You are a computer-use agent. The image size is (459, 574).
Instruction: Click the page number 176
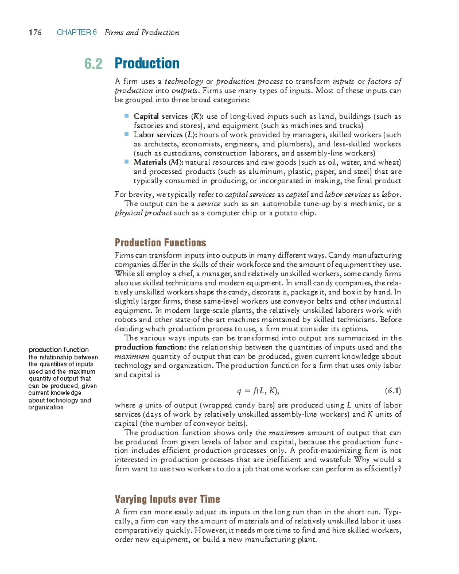click(x=35, y=33)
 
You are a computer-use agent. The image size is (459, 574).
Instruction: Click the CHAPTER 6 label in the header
click(x=76, y=33)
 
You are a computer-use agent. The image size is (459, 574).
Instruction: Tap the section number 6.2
click(x=93, y=64)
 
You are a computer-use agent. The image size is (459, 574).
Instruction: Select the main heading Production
click(x=147, y=63)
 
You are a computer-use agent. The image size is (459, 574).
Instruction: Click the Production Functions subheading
click(x=160, y=243)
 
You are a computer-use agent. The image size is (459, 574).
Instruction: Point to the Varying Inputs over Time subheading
click(x=167, y=499)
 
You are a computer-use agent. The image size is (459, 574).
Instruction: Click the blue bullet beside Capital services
click(x=126, y=116)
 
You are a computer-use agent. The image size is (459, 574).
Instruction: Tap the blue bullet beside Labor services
click(x=126, y=134)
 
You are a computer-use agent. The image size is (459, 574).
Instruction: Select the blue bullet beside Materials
click(x=126, y=162)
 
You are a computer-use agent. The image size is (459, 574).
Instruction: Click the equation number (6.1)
click(x=392, y=391)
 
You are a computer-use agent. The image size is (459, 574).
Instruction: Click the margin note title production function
click(x=59, y=350)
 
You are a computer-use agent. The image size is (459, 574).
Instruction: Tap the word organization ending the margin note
click(x=46, y=407)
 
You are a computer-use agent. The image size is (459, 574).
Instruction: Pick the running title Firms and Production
click(x=142, y=33)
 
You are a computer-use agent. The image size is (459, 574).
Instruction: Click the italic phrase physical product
click(x=143, y=213)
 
